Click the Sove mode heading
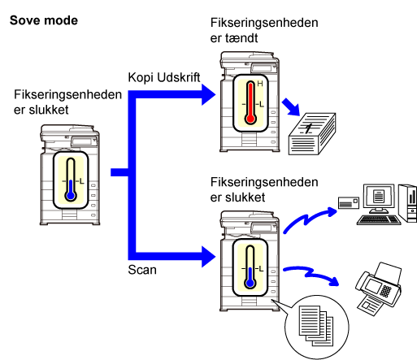coord(44,20)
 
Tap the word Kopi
coord(141,78)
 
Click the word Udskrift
coord(179,77)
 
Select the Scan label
coord(142,270)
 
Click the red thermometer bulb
coord(250,119)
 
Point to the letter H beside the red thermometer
coord(260,84)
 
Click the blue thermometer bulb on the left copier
coord(71,196)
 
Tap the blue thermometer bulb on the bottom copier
coord(250,284)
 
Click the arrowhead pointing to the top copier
coord(208,94)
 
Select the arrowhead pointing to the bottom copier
coord(208,257)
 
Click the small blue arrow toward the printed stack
coord(291,107)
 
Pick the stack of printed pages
coord(312,134)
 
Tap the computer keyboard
coord(379,219)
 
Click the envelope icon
coord(349,202)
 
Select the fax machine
coord(379,288)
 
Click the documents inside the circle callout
coord(316,326)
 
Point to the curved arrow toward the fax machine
coord(311,274)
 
